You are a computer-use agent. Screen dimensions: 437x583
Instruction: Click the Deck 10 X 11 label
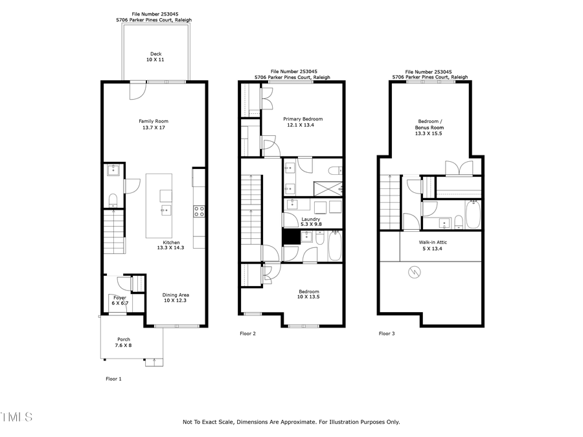click(x=155, y=57)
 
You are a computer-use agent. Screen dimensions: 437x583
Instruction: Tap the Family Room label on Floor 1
click(x=154, y=124)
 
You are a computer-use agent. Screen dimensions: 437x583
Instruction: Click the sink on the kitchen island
click(x=166, y=210)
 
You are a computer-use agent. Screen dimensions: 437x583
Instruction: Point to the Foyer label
click(x=120, y=300)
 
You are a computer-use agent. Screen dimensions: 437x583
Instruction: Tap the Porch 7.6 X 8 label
click(x=124, y=342)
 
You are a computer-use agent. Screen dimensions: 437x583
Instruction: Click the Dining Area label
click(x=176, y=298)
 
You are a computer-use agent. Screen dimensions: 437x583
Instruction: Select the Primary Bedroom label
click(x=303, y=122)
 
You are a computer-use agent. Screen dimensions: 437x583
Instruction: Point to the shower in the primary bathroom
click(x=328, y=188)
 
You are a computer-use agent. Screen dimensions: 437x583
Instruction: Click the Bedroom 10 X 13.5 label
click(x=308, y=295)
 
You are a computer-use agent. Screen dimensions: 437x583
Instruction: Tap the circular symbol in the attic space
click(x=412, y=273)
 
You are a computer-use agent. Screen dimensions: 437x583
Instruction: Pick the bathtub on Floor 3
click(x=472, y=215)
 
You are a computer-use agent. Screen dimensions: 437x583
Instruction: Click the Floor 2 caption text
click(x=247, y=333)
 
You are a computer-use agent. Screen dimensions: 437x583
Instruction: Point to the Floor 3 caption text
click(x=387, y=333)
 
